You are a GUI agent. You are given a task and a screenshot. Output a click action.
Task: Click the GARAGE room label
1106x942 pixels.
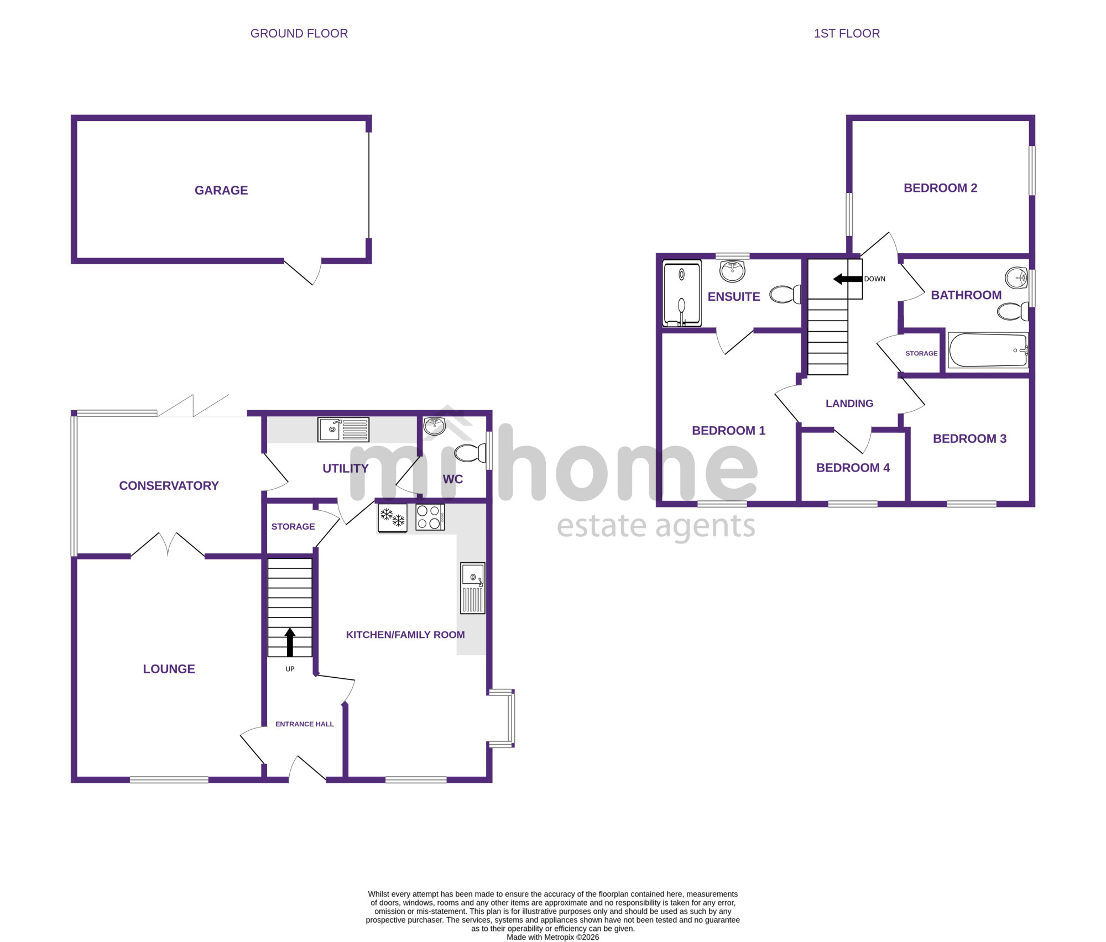221,190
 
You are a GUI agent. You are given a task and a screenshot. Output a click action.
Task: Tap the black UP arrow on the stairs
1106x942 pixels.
290,642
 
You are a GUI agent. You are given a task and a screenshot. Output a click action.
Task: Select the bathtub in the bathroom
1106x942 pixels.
988,350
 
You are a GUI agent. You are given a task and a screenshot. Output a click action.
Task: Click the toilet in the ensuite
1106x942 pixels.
785,294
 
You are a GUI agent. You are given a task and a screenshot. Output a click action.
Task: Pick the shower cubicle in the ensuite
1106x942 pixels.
682,293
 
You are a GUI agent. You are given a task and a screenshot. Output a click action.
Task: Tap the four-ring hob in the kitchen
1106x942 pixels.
430,517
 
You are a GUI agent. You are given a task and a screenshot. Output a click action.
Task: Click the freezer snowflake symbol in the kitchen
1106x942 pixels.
392,517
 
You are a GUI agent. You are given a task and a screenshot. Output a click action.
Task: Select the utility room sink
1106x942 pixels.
343,430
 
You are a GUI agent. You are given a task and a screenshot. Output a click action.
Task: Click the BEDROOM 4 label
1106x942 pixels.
853,468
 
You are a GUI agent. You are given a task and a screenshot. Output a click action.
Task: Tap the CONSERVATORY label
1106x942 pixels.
169,485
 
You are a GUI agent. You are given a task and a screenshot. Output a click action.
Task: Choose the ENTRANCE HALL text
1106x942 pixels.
305,724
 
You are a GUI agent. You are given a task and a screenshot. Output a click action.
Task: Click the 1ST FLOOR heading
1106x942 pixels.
847,33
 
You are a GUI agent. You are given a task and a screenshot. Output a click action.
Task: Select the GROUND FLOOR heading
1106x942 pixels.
299,33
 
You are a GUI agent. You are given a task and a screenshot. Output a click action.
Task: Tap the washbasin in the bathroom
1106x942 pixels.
1016,278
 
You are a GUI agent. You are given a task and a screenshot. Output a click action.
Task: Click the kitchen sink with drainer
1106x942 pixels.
473,588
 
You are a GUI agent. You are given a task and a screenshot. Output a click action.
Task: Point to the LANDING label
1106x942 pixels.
849,404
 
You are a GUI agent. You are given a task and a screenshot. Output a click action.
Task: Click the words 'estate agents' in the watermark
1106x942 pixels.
656,526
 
